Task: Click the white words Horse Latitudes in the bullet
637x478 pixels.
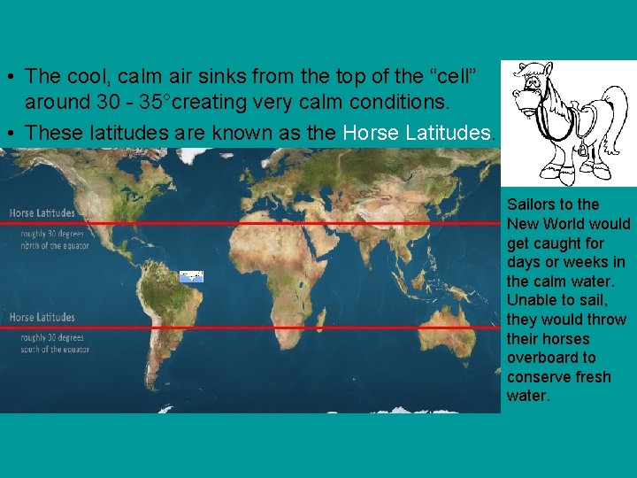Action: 416,133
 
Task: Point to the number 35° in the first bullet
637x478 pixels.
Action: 156,102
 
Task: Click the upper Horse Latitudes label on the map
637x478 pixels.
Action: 42,213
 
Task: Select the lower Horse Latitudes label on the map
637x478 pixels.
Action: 42,317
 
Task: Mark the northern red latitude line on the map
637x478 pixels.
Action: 265,224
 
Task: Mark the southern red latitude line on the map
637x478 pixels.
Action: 265,328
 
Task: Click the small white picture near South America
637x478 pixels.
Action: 191,276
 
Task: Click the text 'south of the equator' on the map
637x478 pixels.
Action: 50,350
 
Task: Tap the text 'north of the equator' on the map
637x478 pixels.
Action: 50,245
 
